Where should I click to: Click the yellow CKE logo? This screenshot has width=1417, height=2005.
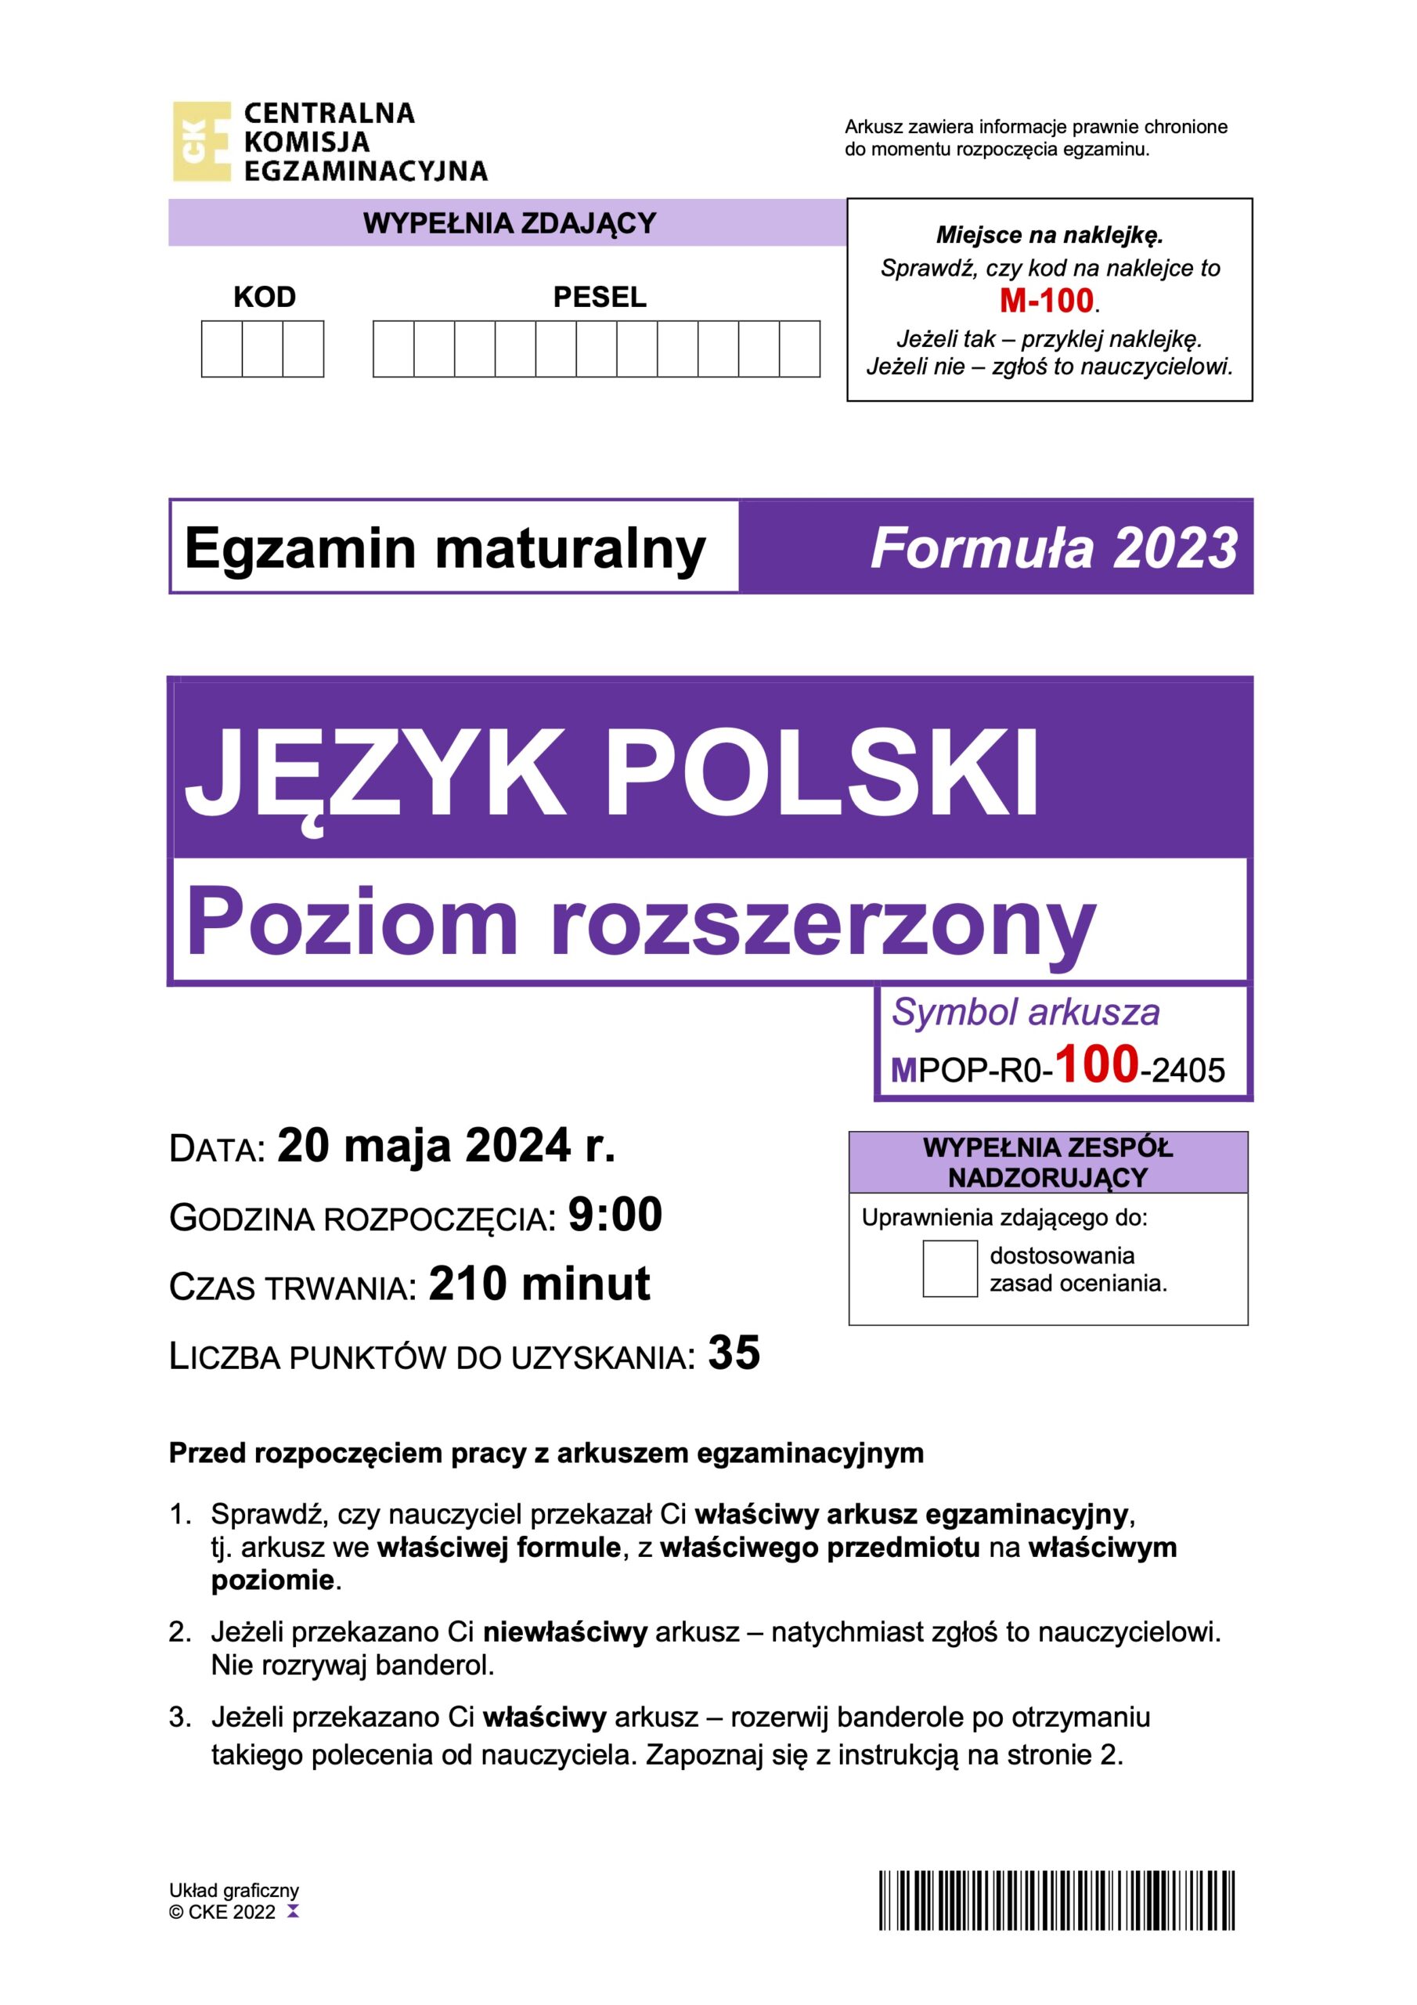pos(202,142)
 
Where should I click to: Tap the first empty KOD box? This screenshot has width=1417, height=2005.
pos(222,349)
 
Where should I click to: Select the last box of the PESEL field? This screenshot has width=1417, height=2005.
pos(799,349)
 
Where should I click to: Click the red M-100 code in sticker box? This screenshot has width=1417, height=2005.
pos(1046,302)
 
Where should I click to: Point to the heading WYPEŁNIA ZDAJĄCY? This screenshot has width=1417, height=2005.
pos(509,223)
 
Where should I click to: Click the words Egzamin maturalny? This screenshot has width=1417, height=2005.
pos(445,548)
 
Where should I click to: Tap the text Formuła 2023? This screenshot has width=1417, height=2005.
pos(1053,548)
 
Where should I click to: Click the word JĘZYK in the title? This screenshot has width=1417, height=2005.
pos(376,774)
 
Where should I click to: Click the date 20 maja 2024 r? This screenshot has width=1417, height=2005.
pos(446,1146)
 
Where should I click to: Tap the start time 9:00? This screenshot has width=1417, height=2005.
pos(615,1215)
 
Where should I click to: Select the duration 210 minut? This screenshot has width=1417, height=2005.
pos(539,1284)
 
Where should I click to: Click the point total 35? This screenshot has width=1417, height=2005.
pos(734,1353)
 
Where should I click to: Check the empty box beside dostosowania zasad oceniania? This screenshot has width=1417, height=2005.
pos(950,1269)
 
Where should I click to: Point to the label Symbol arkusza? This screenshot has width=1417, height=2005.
pos(1025,1013)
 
